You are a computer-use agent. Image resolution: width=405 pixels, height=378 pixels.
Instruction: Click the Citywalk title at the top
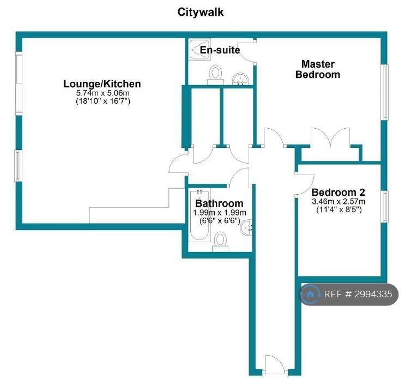[x=201, y=12]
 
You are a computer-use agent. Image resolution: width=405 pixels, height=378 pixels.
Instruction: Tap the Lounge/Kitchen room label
[x=102, y=84]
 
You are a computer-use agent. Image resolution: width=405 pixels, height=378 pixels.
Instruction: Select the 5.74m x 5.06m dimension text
[x=103, y=93]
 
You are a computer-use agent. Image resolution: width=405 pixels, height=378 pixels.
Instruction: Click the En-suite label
[x=220, y=50]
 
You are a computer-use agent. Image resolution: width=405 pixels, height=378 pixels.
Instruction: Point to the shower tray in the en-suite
[x=199, y=50]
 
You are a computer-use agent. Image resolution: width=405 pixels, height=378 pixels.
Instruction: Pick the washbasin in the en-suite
[x=240, y=79]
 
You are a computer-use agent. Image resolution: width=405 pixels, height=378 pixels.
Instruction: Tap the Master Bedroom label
[x=318, y=69]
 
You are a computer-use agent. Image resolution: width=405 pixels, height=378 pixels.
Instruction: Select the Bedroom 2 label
[x=338, y=193]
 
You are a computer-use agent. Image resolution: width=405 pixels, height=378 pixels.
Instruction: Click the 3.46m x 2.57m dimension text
[x=338, y=201]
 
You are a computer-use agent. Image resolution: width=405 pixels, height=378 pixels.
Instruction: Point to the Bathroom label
[x=219, y=203]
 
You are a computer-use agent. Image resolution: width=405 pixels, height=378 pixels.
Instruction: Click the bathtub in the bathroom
[x=199, y=215]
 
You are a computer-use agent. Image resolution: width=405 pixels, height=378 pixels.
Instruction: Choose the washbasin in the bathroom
[x=246, y=227]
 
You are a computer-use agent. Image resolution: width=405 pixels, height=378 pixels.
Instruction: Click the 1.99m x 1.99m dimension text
[x=220, y=213]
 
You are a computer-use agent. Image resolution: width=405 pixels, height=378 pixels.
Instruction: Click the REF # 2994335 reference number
[x=358, y=294]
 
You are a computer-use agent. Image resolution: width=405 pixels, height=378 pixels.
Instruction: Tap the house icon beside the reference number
[x=310, y=294]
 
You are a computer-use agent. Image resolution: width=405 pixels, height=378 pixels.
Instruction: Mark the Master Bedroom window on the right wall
[x=385, y=92]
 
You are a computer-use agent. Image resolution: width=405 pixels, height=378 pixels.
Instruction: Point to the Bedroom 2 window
[x=385, y=206]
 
